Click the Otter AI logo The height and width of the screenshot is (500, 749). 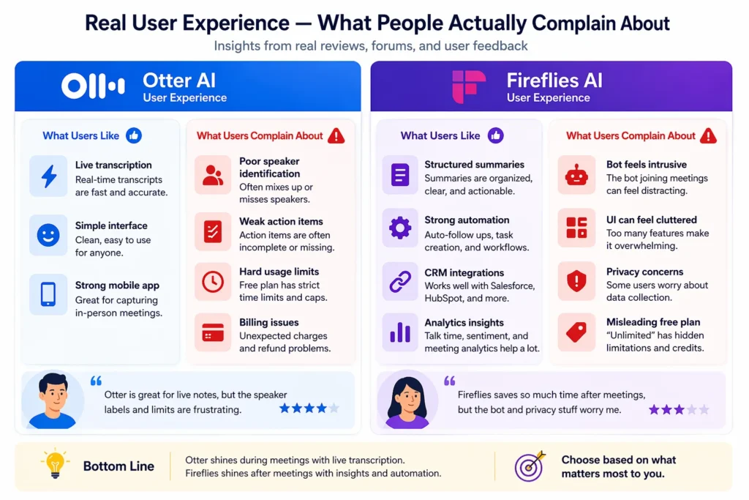click(x=93, y=86)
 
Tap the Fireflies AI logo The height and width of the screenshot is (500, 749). click(x=468, y=86)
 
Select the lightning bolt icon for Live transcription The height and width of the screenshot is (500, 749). click(x=48, y=176)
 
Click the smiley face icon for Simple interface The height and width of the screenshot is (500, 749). click(x=48, y=235)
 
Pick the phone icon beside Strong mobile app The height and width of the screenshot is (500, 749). click(x=48, y=294)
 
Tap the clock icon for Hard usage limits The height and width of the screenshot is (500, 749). click(x=213, y=281)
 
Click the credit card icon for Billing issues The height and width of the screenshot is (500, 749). click(x=213, y=334)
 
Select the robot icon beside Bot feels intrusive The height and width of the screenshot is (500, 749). click(x=576, y=175)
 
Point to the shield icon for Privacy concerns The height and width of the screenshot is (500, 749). click(x=576, y=281)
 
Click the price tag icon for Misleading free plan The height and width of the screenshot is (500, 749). click(x=576, y=334)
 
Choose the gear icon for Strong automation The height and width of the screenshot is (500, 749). click(x=400, y=228)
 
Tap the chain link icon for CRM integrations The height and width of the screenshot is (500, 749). click(x=400, y=281)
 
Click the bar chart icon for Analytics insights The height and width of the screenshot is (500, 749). click(x=400, y=333)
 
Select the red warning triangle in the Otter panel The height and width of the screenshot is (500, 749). click(x=336, y=135)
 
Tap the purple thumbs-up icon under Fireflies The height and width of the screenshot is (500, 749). click(x=496, y=135)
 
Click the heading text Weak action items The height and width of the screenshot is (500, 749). click(x=281, y=221)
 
